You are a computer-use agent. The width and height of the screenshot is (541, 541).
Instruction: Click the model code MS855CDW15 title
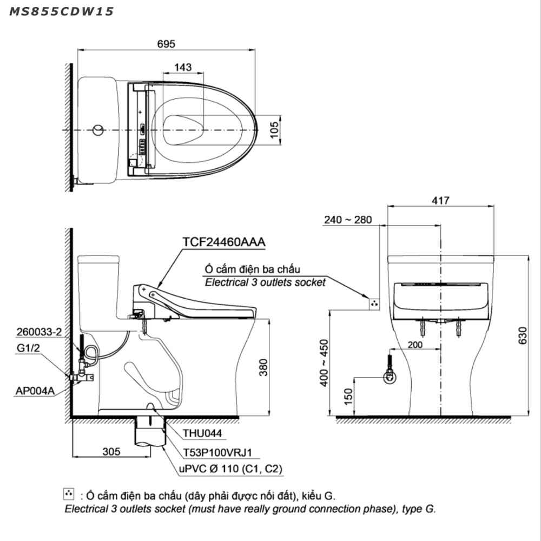tap(61, 11)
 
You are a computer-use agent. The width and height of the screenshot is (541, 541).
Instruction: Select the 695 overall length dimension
tap(166, 44)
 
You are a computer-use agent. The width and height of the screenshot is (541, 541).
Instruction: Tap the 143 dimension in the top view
tap(183, 67)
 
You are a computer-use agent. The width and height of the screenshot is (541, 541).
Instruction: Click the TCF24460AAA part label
tap(224, 242)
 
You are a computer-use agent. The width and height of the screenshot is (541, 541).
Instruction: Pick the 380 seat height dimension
tap(263, 367)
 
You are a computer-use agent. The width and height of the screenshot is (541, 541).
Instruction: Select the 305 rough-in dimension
tap(111, 451)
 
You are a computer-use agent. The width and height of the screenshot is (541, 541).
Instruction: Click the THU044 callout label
tap(202, 433)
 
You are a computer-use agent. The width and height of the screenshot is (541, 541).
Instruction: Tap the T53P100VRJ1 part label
tap(217, 452)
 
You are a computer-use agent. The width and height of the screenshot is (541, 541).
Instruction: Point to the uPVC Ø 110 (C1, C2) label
tap(230, 469)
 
